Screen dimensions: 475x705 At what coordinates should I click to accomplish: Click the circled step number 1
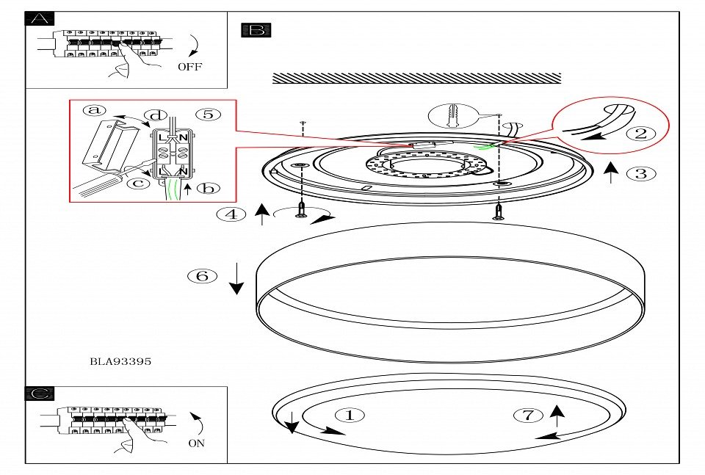point(350,415)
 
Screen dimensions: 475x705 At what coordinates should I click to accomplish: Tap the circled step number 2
point(640,134)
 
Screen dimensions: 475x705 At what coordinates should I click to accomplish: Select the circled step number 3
point(641,174)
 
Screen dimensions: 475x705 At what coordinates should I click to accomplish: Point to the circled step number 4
point(231,215)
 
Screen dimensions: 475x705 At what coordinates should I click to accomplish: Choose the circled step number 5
point(208,114)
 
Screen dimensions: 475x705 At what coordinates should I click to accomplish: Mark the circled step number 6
point(203,276)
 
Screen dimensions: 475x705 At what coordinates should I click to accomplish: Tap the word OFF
point(189,67)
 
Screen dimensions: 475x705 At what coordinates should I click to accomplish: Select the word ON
point(197,443)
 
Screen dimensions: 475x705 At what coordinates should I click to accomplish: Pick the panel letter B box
point(257,30)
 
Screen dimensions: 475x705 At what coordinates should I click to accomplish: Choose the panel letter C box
point(40,394)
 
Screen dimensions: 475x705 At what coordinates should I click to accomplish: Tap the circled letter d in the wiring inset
point(155,115)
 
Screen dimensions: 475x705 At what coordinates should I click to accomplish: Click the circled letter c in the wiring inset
point(137,183)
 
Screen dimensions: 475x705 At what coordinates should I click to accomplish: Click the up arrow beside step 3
point(609,173)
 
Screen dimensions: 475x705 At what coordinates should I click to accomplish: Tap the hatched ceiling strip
point(416,78)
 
